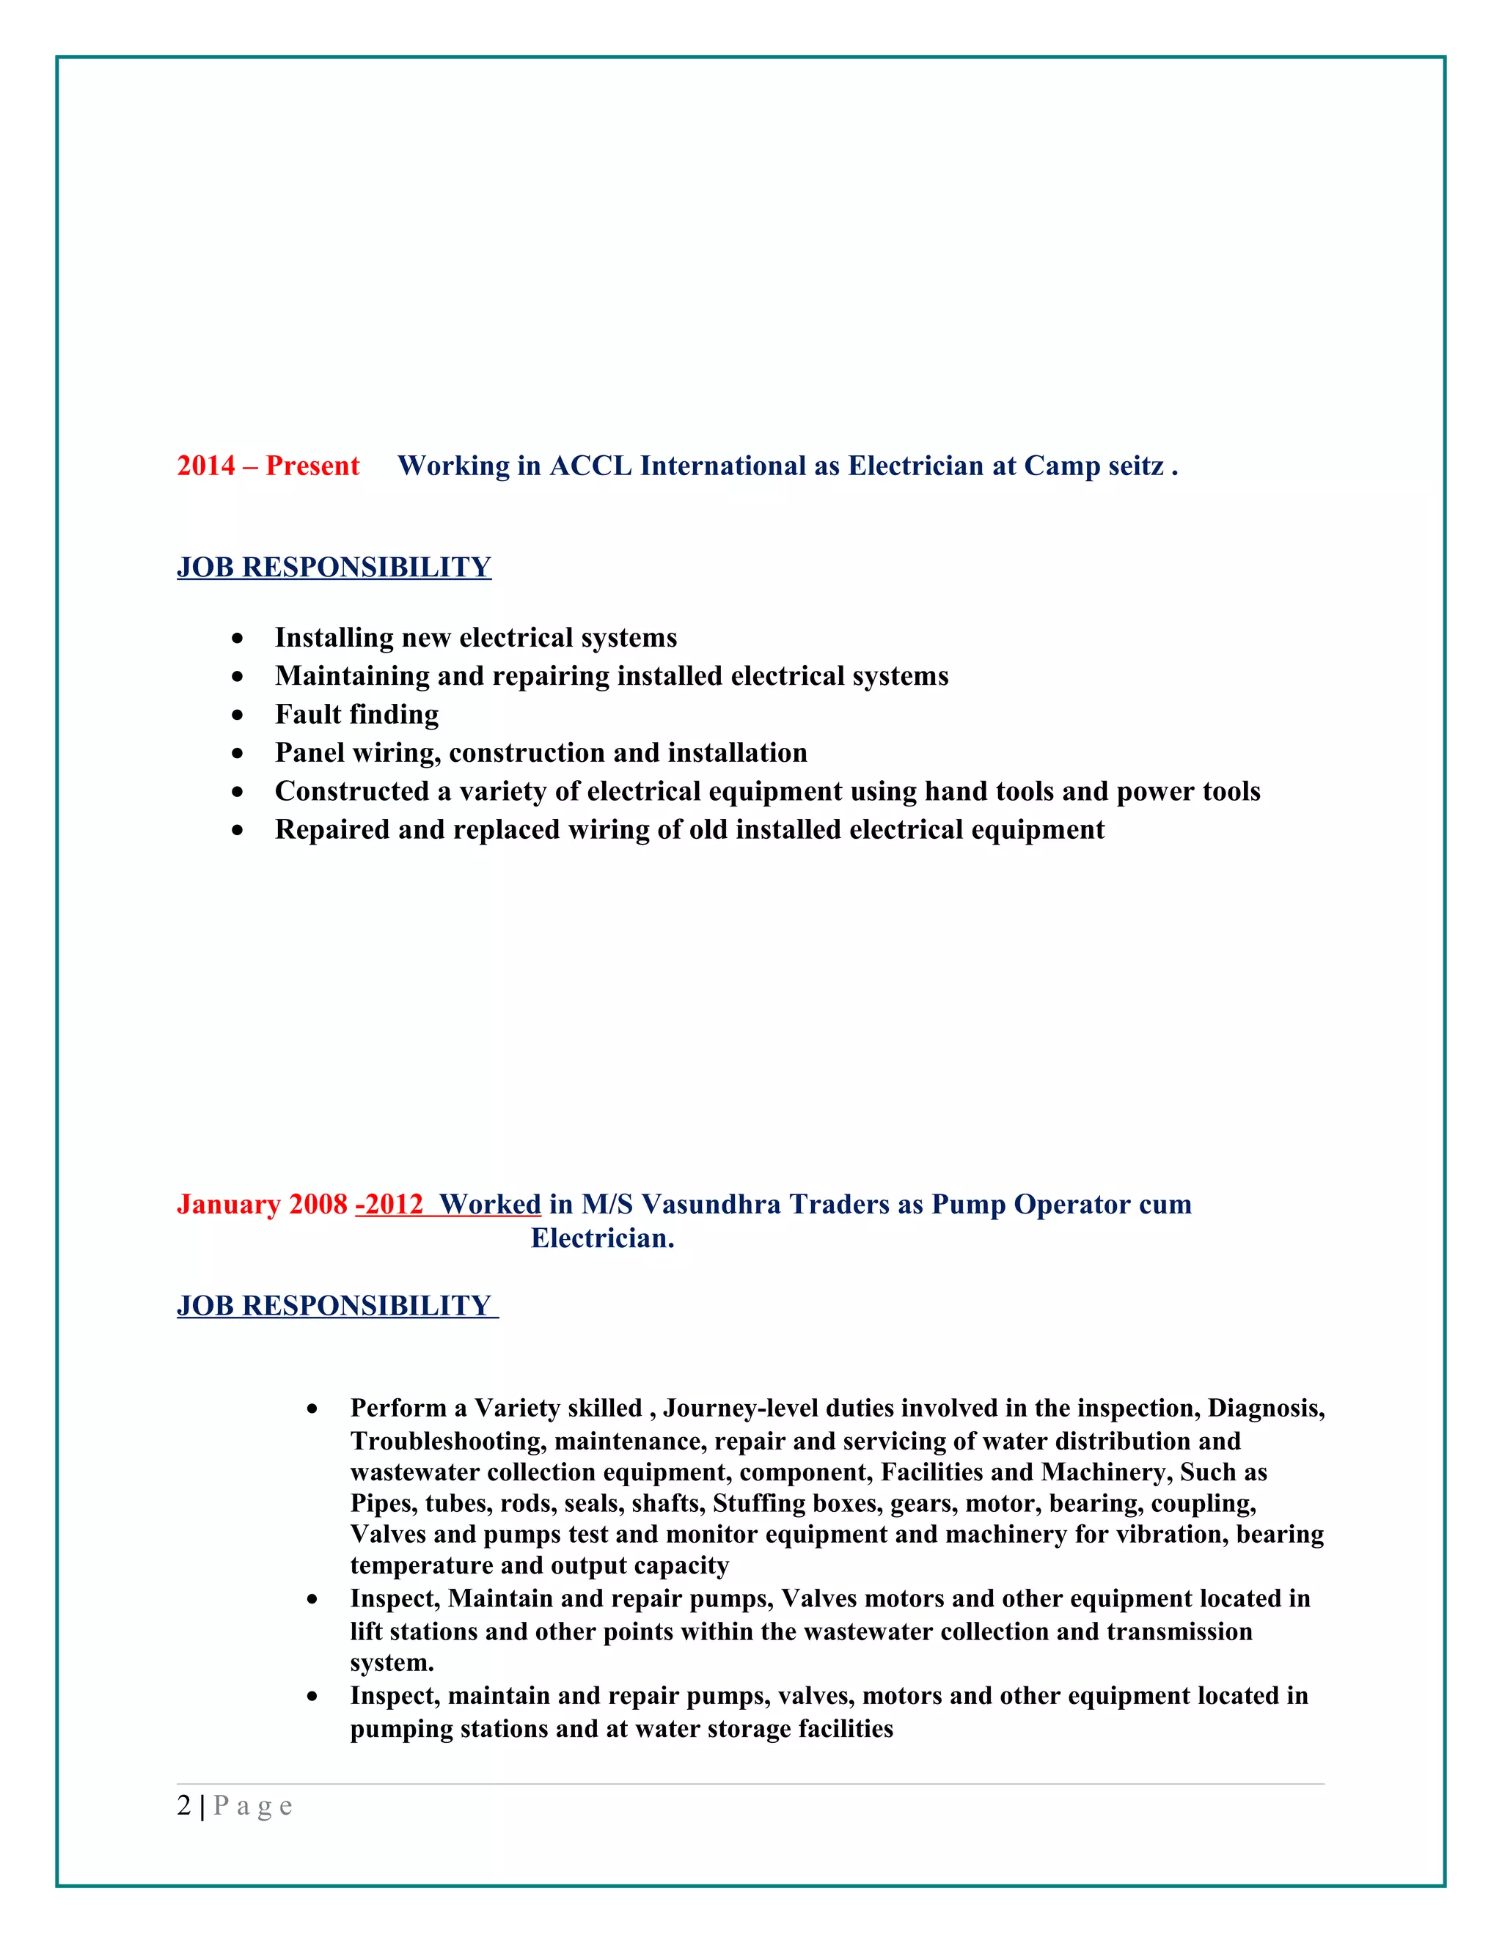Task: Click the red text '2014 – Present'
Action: [x=268, y=466]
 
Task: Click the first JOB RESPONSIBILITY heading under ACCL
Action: [x=334, y=568]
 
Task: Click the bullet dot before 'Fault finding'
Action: [x=237, y=714]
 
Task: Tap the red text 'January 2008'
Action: [x=262, y=1205]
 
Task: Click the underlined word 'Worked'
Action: [x=491, y=1205]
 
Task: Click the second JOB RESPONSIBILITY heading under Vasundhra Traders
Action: [x=334, y=1306]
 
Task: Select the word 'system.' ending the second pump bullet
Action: [x=392, y=1663]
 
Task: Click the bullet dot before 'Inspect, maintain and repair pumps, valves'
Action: [x=312, y=1697]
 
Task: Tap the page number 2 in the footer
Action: [x=184, y=1806]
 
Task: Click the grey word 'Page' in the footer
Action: [x=253, y=1806]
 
